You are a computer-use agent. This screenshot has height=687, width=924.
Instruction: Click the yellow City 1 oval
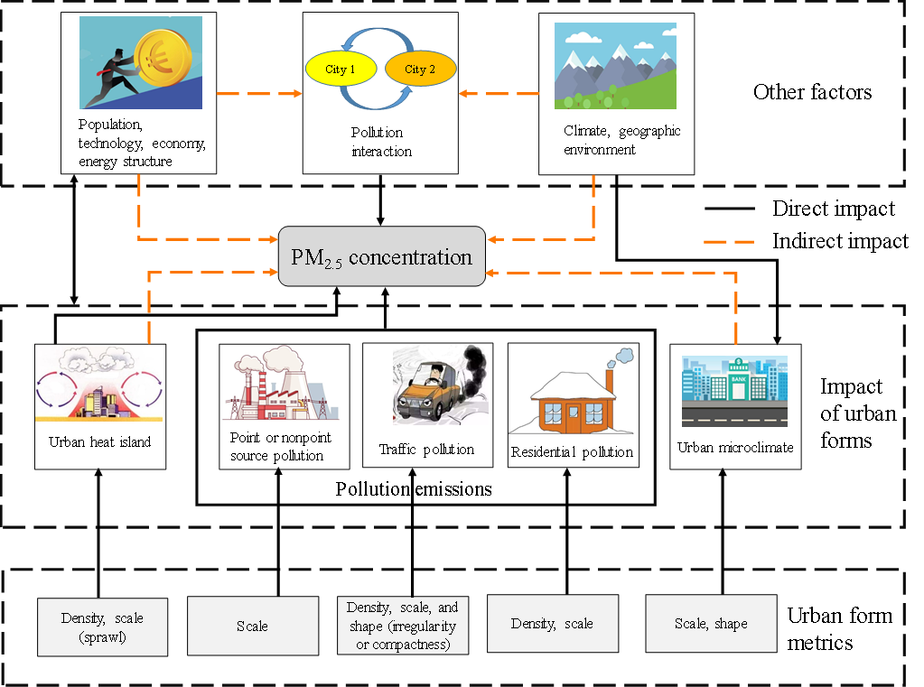[341, 70]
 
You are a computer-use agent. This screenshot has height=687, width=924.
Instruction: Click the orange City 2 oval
[420, 70]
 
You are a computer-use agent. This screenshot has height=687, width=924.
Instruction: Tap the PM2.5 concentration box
[381, 257]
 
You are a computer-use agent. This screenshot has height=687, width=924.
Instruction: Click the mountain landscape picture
[614, 66]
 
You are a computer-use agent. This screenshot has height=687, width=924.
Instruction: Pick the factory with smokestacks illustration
[280, 384]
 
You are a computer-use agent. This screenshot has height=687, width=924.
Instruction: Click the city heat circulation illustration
[99, 385]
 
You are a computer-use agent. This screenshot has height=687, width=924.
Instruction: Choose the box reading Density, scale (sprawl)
[102, 627]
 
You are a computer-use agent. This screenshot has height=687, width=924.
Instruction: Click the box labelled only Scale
[252, 626]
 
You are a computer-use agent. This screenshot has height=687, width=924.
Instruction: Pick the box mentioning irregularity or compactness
[401, 625]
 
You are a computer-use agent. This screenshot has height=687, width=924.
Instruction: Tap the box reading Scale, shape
[711, 624]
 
